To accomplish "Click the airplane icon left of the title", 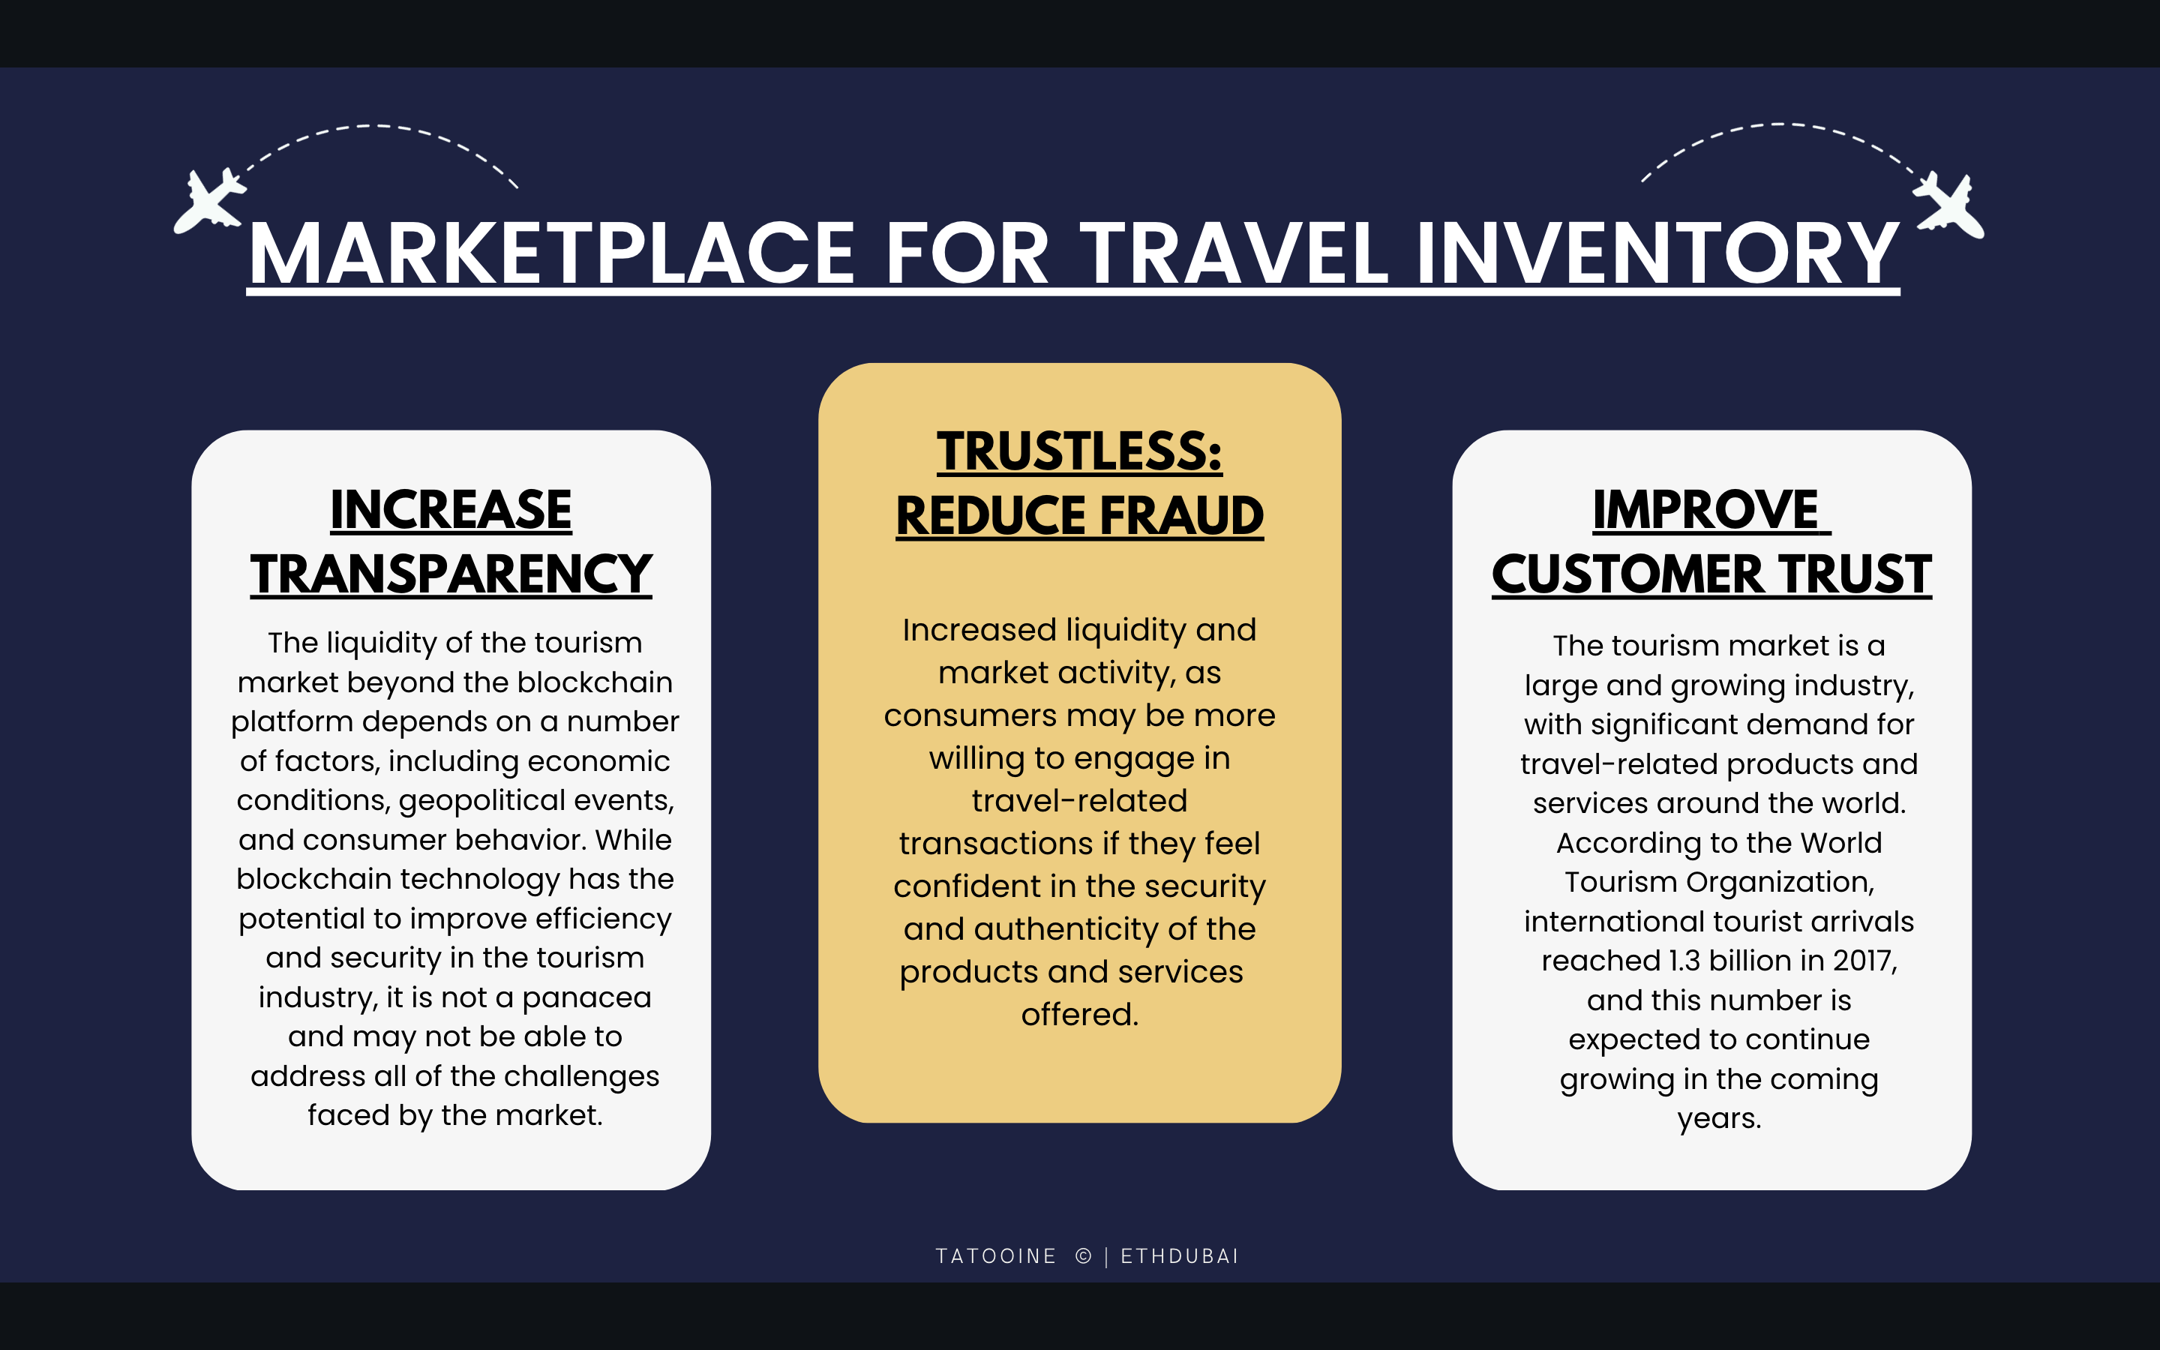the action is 211,201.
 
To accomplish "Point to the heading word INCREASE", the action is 451,510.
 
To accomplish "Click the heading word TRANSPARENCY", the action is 451,573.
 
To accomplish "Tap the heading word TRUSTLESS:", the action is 1079,451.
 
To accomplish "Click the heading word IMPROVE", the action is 1705,510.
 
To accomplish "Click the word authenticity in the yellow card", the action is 1065,929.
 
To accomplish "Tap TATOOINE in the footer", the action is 996,1256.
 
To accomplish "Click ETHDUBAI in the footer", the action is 1180,1256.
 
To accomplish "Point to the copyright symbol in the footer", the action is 1084,1256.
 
